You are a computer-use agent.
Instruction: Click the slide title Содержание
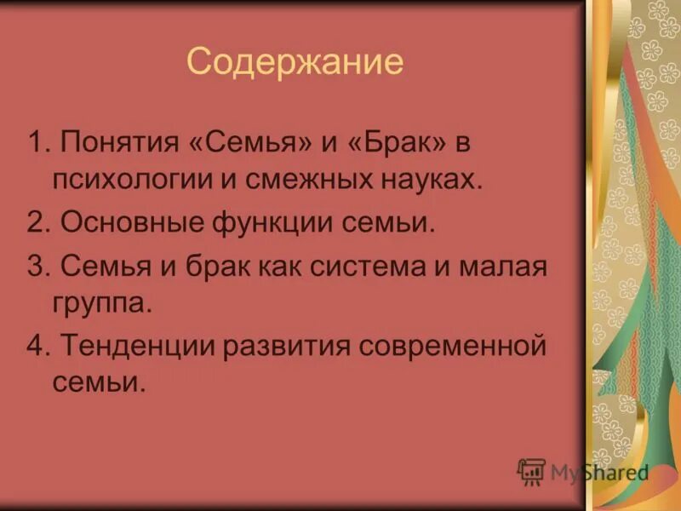295,62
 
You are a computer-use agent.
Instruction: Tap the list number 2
35,224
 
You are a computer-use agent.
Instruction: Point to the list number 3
35,267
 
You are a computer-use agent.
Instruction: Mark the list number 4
35,347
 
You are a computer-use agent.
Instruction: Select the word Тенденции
144,347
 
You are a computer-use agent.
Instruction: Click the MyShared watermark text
598,473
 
